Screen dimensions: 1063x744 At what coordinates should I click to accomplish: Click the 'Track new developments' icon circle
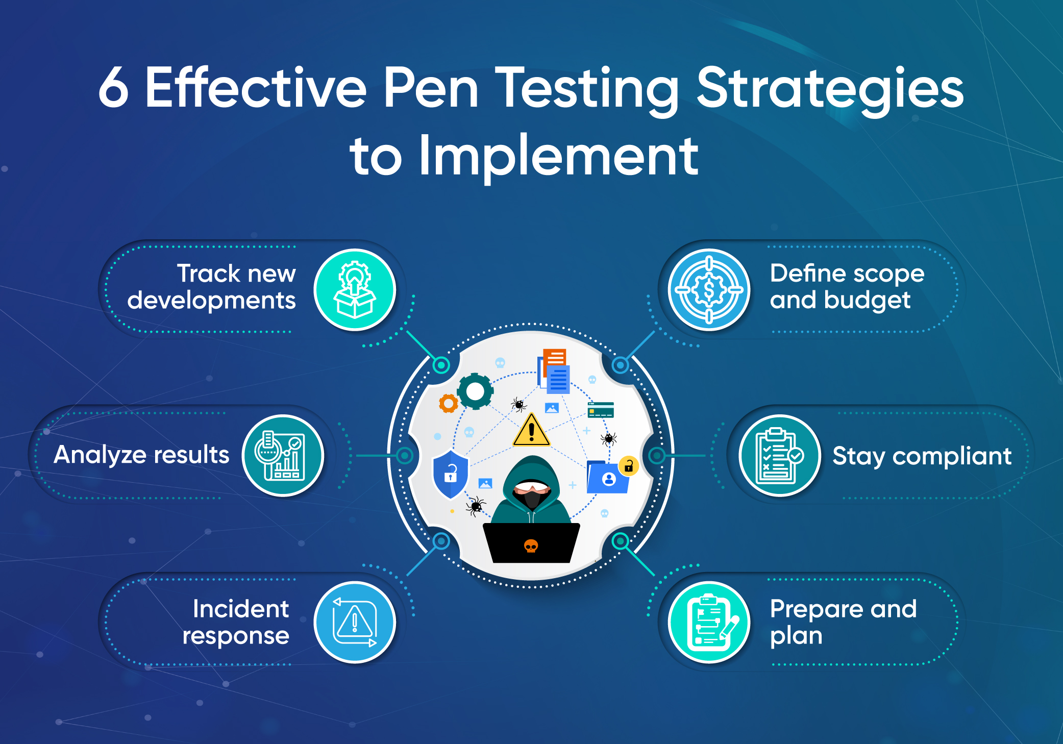(x=355, y=289)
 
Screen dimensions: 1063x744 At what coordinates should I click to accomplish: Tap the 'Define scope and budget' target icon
(x=709, y=289)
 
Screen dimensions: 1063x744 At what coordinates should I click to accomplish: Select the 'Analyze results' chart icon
(x=283, y=455)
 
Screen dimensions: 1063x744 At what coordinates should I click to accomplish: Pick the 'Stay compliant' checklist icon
(x=780, y=455)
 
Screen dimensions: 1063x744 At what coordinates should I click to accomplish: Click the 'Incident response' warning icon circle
(x=355, y=622)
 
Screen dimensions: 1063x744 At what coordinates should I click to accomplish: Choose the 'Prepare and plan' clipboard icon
(x=709, y=622)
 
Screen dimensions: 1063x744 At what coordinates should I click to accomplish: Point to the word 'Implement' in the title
(x=558, y=156)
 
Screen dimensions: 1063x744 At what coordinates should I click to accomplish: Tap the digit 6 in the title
(x=113, y=88)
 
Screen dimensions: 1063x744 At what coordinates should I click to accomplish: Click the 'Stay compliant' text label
(x=922, y=456)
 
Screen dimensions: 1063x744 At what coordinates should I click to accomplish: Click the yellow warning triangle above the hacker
(x=531, y=430)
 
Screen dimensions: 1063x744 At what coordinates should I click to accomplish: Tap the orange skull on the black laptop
(x=531, y=546)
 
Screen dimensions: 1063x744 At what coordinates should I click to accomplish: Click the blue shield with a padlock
(x=450, y=475)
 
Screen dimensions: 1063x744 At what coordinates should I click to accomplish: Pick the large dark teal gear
(x=475, y=391)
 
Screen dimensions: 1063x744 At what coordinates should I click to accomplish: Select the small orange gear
(x=449, y=404)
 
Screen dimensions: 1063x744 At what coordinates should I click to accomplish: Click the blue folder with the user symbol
(x=607, y=477)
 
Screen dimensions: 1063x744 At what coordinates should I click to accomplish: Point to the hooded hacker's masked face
(x=532, y=493)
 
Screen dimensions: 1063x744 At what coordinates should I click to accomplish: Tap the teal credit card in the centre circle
(x=601, y=410)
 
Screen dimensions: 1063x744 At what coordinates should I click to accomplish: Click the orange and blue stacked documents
(x=554, y=371)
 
